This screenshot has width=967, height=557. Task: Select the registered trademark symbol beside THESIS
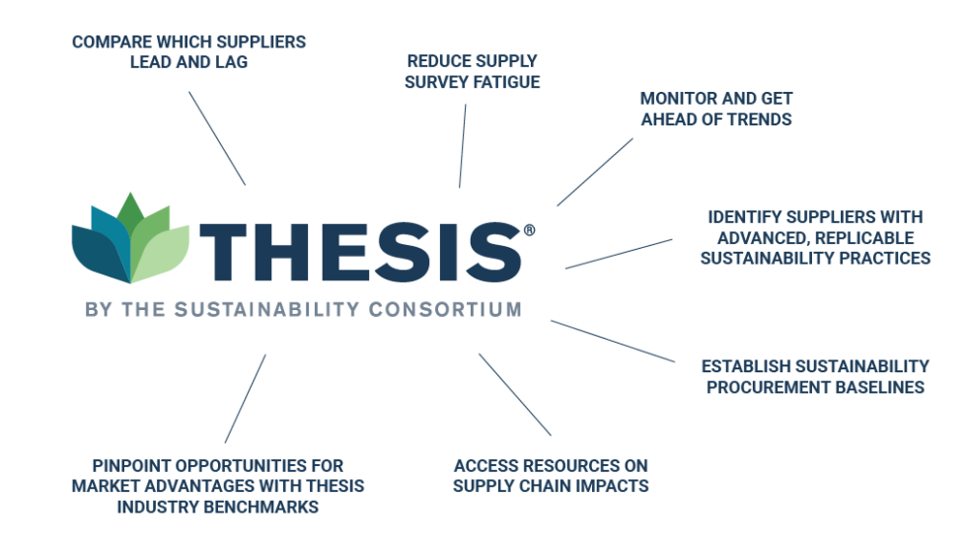[x=529, y=230]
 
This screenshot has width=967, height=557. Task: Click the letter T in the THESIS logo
[x=223, y=252]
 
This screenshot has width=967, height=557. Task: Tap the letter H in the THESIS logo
[x=279, y=252]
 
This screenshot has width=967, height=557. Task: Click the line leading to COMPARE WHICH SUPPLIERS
[x=217, y=138]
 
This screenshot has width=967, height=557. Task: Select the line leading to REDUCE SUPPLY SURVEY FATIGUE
[x=463, y=146]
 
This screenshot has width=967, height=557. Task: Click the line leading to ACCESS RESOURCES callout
[x=515, y=395]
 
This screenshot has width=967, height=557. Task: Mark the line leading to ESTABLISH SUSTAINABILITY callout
[x=613, y=341]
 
